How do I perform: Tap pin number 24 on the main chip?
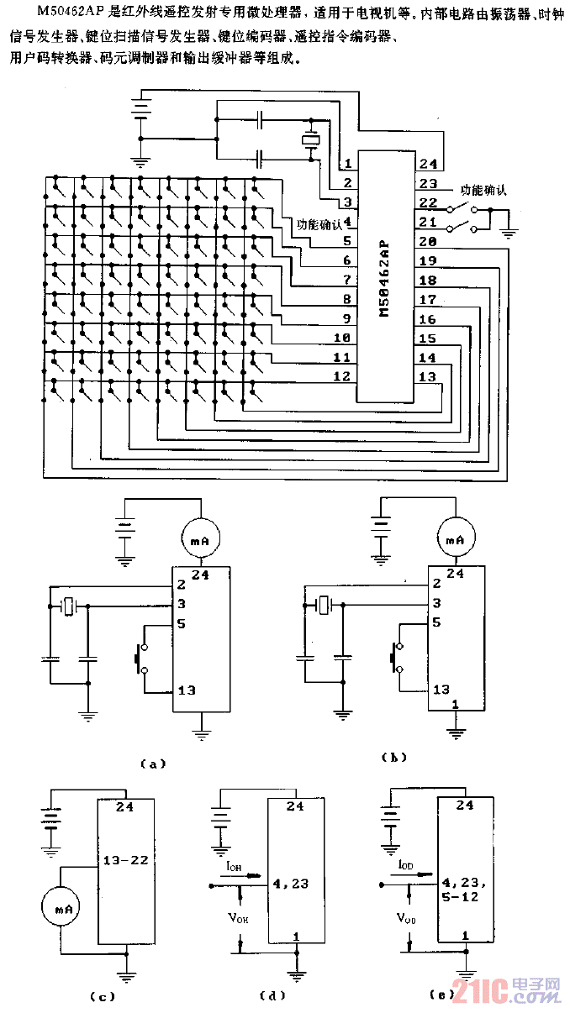point(428,164)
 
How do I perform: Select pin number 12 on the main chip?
point(341,377)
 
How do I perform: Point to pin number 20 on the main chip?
point(428,242)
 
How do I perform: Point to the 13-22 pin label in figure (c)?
point(124,860)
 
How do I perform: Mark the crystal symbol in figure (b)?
point(321,603)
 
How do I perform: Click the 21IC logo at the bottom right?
point(505,992)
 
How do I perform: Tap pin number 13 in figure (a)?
point(187,690)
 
